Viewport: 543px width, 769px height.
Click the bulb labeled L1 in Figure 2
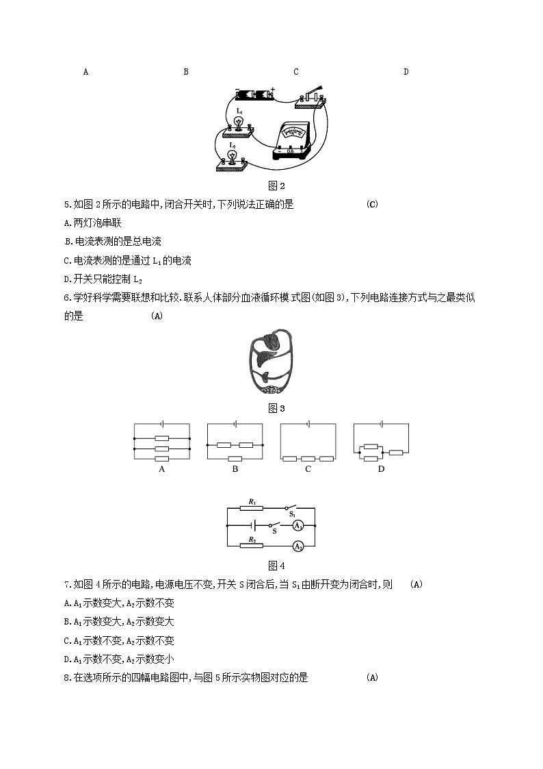pos(239,121)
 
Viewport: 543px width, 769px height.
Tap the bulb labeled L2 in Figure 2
pos(233,156)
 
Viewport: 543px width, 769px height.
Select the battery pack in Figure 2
pos(254,94)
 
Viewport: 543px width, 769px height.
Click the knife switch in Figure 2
pos(313,96)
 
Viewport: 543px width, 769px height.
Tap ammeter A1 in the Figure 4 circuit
pos(297,526)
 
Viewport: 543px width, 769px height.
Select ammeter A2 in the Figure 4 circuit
pos(297,546)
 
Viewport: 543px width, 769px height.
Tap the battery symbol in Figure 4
pos(254,526)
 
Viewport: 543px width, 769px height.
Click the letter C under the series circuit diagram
pos(308,469)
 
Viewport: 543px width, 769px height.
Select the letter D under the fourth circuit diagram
pos(381,469)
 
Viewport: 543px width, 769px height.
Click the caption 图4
pos(276,566)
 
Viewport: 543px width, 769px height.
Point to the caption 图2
pos(276,186)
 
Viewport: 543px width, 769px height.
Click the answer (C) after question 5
pos(372,204)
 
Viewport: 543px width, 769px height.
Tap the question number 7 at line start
pos(66,584)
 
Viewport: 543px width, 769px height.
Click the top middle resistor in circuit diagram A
pos(161,438)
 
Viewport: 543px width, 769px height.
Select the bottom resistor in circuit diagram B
pos(235,458)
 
